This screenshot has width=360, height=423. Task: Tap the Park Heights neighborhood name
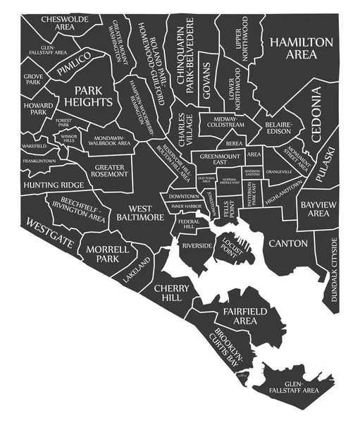pos(93,96)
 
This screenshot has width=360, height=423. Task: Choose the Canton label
pos(287,243)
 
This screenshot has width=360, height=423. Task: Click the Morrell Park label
pos(107,255)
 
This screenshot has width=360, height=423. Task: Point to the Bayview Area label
pos(315,209)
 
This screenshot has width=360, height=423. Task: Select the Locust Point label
pos(232,249)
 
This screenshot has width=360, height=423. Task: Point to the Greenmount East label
pos(219,158)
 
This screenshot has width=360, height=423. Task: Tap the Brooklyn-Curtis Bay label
pos(228,346)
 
